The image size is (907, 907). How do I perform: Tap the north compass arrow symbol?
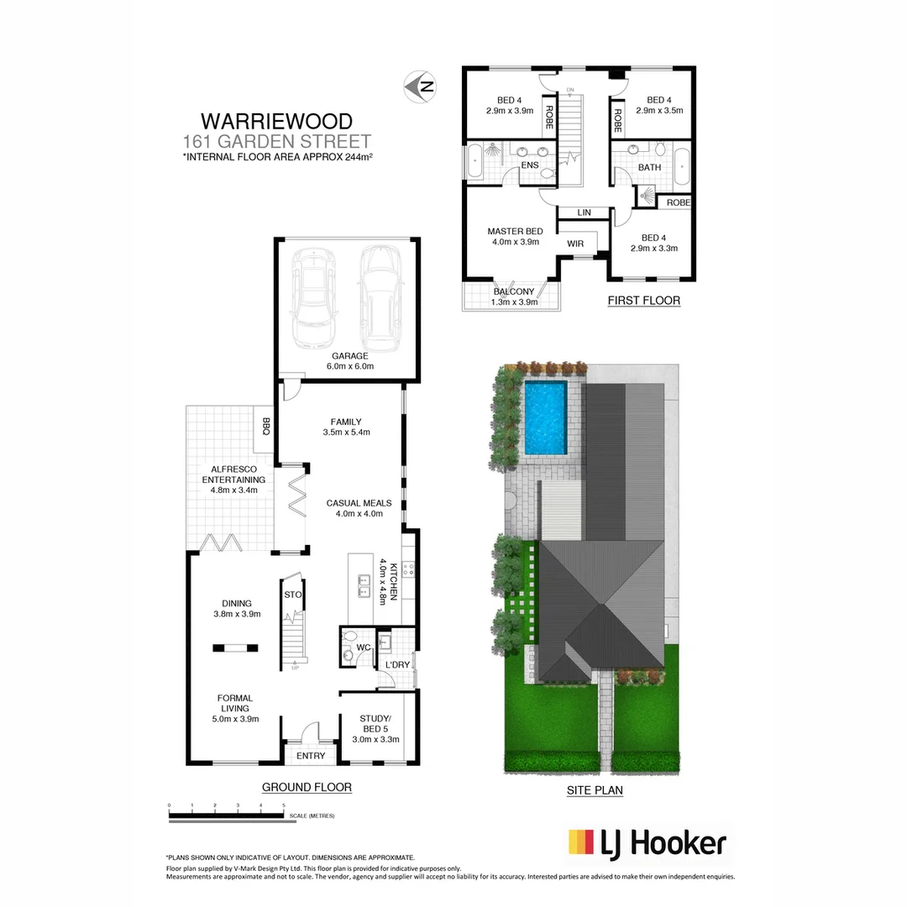tap(420, 86)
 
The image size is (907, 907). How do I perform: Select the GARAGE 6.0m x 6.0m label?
tap(349, 361)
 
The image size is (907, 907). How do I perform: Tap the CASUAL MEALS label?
tap(354, 508)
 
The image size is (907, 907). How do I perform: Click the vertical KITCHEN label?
tap(387, 581)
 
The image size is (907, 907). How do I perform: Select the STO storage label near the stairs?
tap(292, 594)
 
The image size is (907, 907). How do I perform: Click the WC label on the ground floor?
tap(363, 647)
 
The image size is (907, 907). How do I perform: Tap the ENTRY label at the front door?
tap(311, 756)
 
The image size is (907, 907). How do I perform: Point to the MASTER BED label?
tap(515, 237)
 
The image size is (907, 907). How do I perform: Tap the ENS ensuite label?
tap(530, 165)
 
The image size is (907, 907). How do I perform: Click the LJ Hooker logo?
tap(647, 842)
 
